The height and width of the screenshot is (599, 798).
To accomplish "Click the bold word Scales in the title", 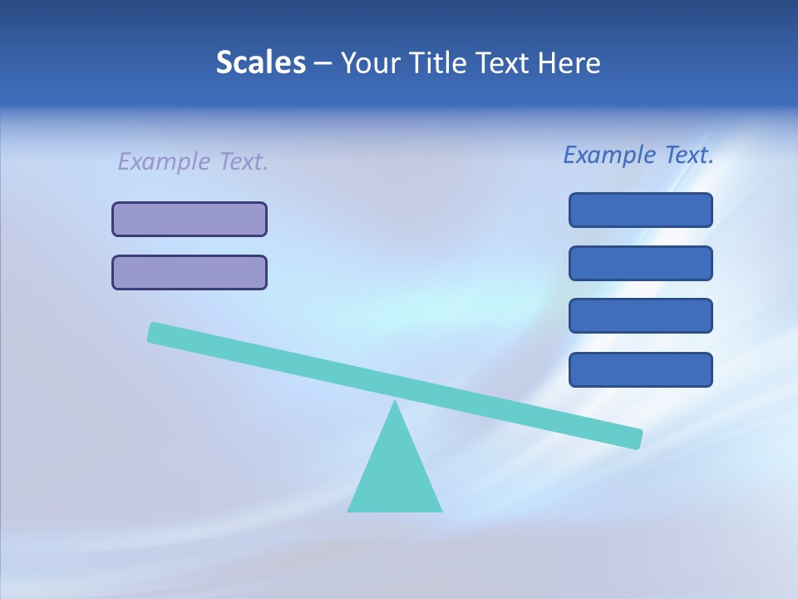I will (x=260, y=62).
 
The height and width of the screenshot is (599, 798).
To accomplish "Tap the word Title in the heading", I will (x=433, y=62).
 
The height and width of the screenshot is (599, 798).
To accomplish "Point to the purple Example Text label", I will (x=193, y=161).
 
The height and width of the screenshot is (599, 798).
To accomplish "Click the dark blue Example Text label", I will (x=638, y=155).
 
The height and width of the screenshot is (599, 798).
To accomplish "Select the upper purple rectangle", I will (x=190, y=219).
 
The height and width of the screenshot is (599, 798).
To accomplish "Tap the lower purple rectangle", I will (x=190, y=272).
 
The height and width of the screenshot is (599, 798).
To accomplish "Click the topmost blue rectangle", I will (x=640, y=210).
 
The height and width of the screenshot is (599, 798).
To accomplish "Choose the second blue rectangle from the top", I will (x=640, y=263).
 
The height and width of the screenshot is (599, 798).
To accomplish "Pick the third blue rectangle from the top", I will (x=640, y=315).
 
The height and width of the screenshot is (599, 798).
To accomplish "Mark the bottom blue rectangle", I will (x=640, y=369).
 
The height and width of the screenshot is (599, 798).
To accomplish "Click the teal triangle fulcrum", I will (x=395, y=474).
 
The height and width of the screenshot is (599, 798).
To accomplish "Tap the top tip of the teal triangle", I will (x=395, y=403).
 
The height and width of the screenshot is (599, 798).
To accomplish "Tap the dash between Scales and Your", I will (x=323, y=63).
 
